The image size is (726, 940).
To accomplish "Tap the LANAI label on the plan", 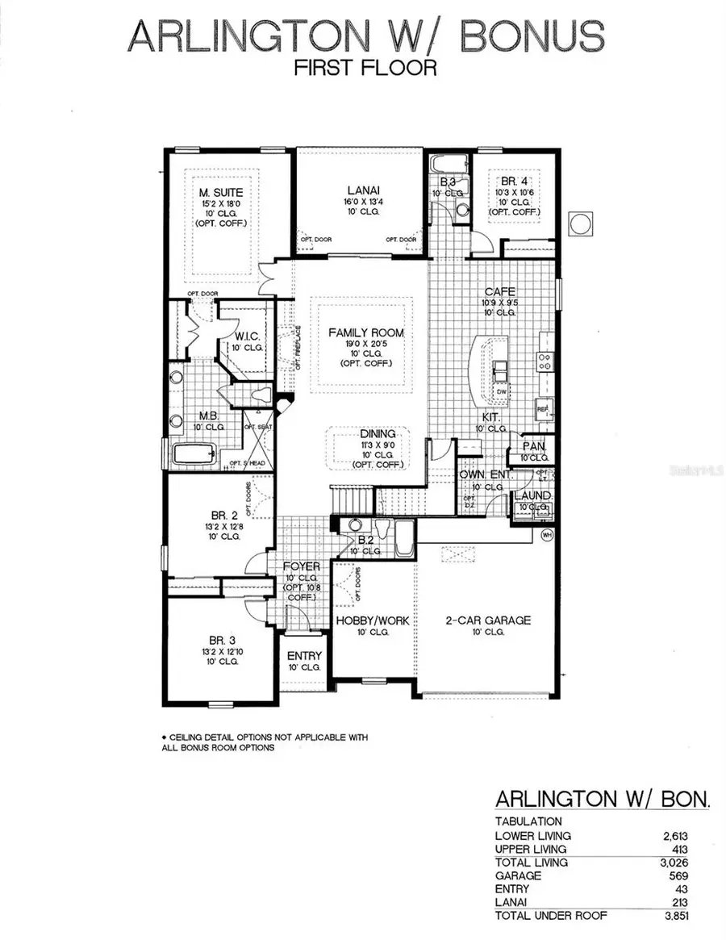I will coord(359,191).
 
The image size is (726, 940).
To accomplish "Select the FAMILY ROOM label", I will coord(365,332).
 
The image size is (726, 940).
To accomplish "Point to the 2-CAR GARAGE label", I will coord(489,620).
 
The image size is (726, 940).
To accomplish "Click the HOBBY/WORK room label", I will coord(372,620).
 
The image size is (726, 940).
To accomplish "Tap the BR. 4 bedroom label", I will coord(513,182).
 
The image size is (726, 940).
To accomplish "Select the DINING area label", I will coord(378,434).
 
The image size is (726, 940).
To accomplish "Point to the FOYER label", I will coord(302,566).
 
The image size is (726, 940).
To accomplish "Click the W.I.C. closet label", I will coord(246,336).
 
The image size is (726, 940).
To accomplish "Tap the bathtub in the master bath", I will coord(196,454).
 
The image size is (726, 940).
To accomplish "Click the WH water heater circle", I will coord(546,536).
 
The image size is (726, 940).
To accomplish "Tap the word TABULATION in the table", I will coord(528,821).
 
